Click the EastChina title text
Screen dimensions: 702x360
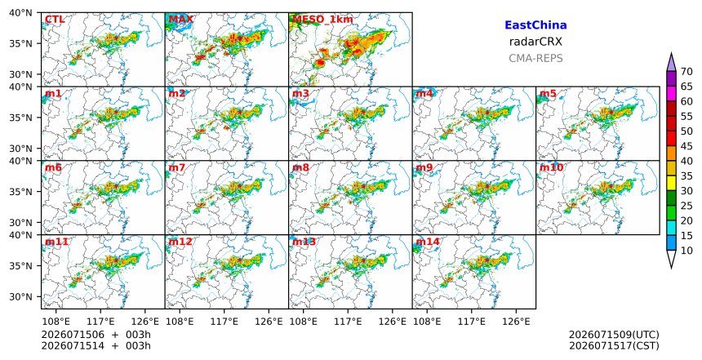pos(535,25)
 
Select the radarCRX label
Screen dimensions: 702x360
pos(535,42)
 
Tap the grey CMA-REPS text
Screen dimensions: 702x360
pos(535,58)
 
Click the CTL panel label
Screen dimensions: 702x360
pos(55,20)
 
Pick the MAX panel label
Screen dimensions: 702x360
pos(181,20)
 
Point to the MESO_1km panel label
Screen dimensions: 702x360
pos(322,20)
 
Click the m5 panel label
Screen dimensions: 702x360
pos(548,94)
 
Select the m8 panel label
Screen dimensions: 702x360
pos(300,167)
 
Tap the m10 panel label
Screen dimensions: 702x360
pos(552,167)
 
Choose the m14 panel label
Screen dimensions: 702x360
pos(428,242)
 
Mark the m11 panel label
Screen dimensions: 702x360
pos(56,242)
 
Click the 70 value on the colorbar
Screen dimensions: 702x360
pos(686,72)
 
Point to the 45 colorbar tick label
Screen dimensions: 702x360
pos(686,146)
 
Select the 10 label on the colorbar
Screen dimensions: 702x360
pos(686,251)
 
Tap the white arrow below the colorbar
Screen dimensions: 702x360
pos(671,258)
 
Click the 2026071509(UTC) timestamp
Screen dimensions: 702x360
pos(614,336)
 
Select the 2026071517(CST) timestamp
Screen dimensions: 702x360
pos(614,346)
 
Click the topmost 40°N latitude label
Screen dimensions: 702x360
pos(20,12)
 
